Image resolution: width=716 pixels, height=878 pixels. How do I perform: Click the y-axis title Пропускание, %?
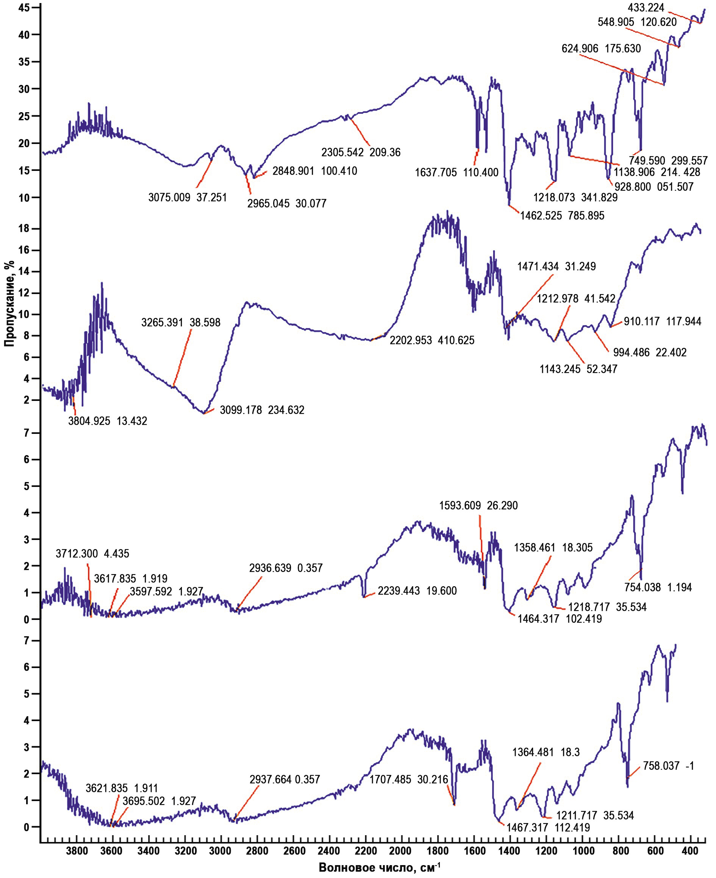pyautogui.click(x=9, y=303)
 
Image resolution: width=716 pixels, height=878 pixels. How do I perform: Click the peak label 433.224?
pyautogui.click(x=646, y=8)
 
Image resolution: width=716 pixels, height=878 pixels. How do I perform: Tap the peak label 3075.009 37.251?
pyautogui.click(x=188, y=198)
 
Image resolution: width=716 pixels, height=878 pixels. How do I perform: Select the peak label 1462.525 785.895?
pyautogui.click(x=562, y=215)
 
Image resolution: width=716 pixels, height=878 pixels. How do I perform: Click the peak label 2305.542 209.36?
pyautogui.click(x=361, y=153)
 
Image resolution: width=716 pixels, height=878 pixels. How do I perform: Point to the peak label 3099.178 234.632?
pyautogui.click(x=262, y=410)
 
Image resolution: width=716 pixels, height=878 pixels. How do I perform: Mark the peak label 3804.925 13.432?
pyautogui.click(x=108, y=421)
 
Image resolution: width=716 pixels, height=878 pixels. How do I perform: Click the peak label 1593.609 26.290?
pyautogui.click(x=478, y=506)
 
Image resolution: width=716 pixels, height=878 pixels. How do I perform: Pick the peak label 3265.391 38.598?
pyautogui.click(x=181, y=322)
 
